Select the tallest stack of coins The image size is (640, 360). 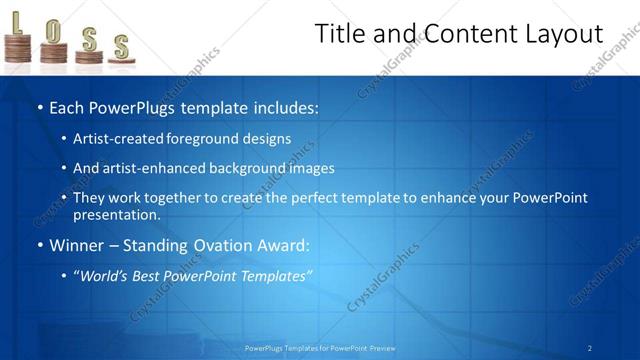tap(18, 48)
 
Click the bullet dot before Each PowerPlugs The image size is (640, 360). tap(39, 107)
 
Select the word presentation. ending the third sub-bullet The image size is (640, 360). tap(116, 214)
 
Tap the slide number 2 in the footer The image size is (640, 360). tap(590, 348)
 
